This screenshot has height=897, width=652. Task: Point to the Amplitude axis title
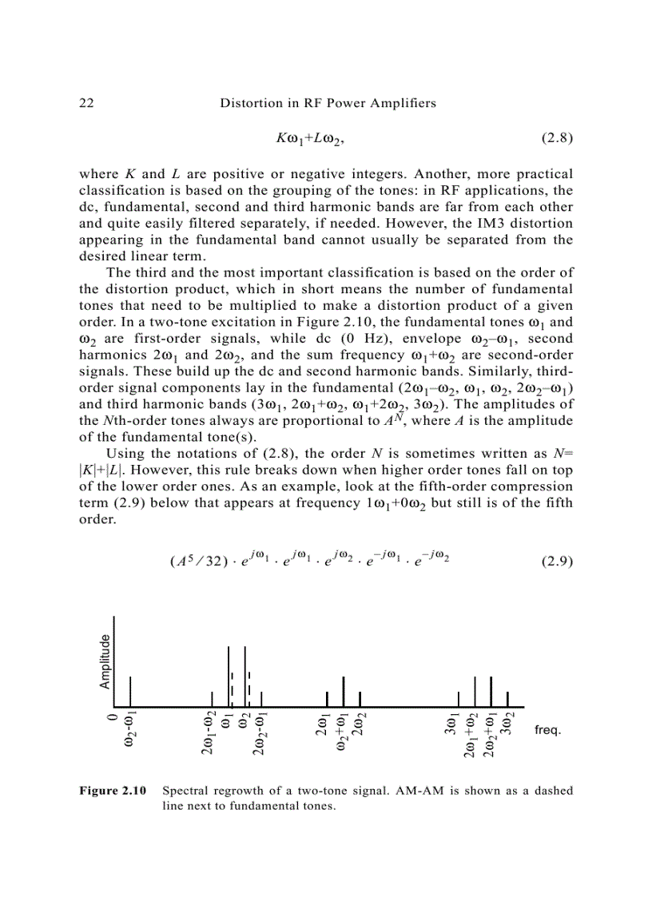click(105, 661)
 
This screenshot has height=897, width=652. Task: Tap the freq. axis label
click(547, 731)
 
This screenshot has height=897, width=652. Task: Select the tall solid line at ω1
click(228, 676)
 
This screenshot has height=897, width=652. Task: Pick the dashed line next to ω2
click(249, 684)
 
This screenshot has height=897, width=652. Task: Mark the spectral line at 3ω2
click(507, 699)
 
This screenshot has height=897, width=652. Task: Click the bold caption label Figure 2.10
click(113, 792)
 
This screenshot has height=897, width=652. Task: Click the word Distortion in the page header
click(249, 103)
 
